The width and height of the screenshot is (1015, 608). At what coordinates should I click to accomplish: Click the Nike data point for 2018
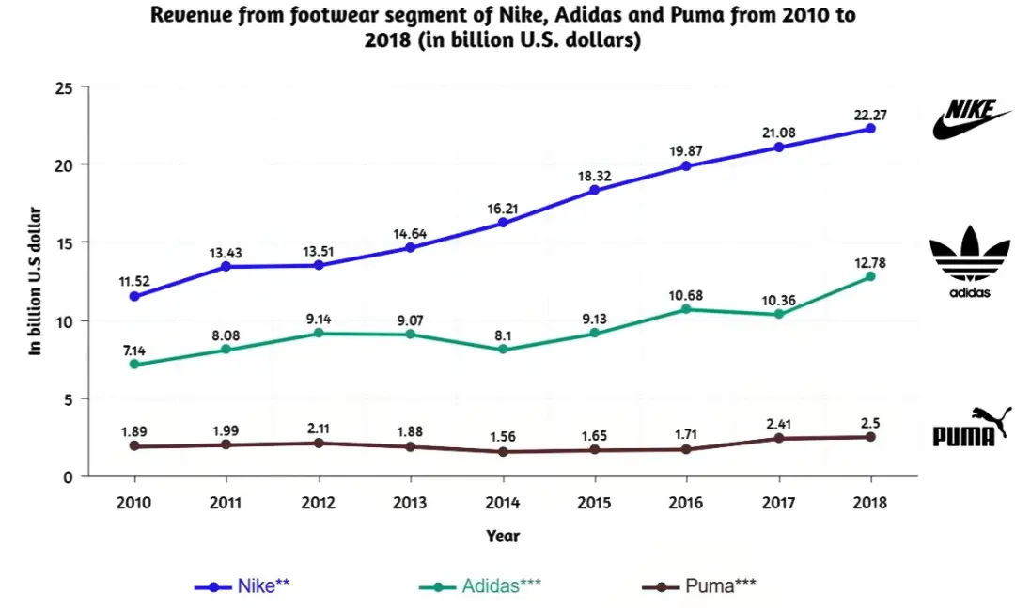870,129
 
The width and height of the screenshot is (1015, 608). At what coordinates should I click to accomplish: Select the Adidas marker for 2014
503,350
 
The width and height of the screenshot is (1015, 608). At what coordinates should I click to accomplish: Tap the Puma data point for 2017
779,438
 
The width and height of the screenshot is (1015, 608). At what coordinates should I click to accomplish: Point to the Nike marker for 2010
134,297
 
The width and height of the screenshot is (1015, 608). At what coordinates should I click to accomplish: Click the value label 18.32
594,176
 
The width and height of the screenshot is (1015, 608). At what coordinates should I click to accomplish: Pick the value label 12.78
869,263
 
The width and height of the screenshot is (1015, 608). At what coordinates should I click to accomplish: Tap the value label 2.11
318,428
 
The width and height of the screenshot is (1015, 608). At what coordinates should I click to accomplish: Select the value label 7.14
134,351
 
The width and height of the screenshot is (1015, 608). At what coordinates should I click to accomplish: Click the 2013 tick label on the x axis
410,503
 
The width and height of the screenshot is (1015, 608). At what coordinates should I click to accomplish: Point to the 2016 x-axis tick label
685,503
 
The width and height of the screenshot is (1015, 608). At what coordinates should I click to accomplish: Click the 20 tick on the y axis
63,164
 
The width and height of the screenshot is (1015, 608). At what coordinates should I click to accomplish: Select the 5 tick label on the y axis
68,399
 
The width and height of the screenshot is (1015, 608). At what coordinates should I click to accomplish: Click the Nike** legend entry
242,586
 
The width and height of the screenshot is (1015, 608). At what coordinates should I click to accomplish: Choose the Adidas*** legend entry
480,586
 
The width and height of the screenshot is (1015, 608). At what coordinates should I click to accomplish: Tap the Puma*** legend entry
699,586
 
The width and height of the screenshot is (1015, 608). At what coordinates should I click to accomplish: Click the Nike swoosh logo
971,119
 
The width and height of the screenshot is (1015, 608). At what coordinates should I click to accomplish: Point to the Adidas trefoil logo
970,261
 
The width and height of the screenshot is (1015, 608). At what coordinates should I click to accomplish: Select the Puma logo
972,428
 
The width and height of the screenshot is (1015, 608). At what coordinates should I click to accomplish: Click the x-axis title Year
503,536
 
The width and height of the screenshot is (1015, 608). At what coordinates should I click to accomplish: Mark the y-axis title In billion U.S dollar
35,281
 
